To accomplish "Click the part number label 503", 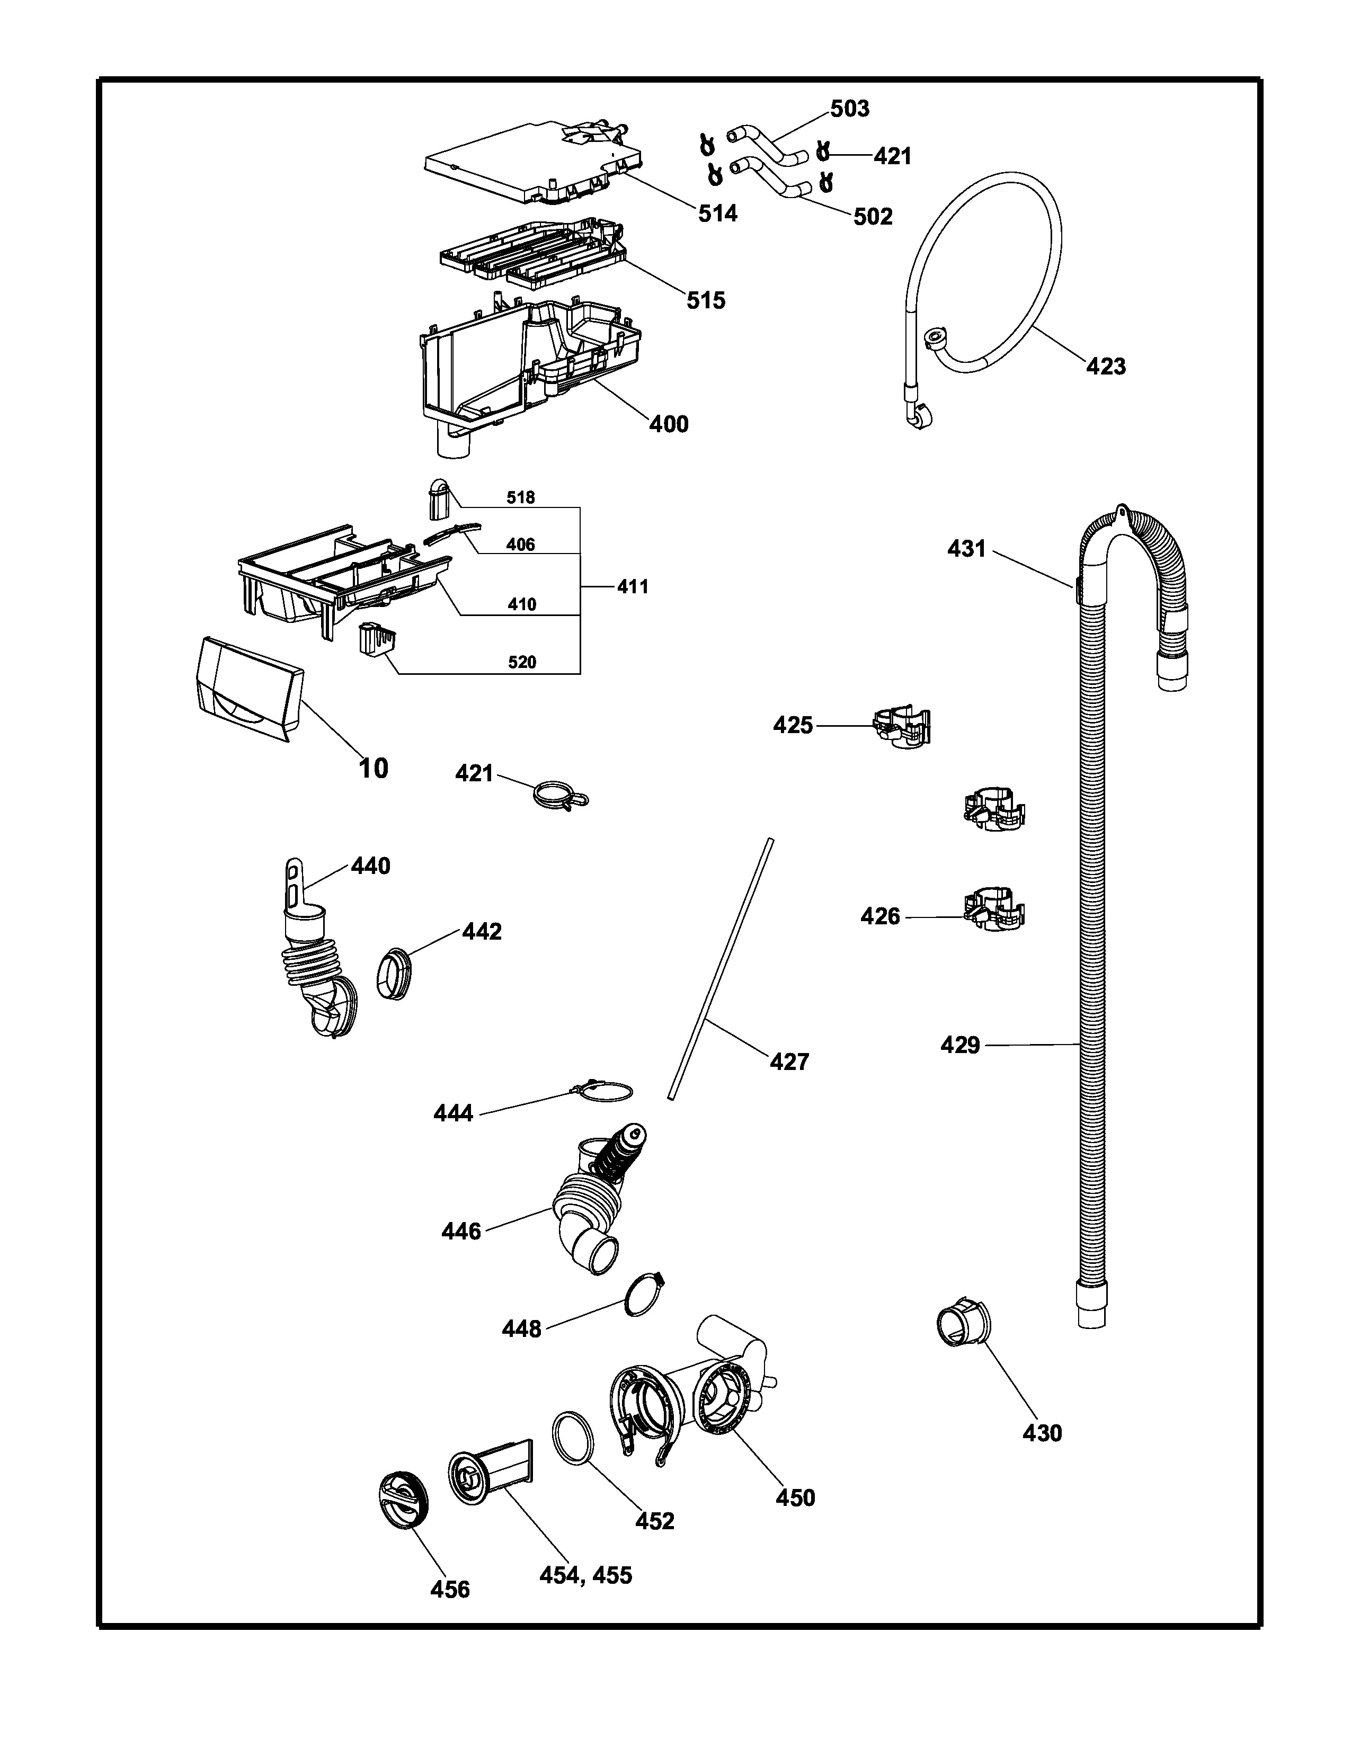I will (x=849, y=109).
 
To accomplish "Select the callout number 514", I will (x=717, y=213).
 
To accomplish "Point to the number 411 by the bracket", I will (x=632, y=587).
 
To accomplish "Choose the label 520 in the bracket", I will (x=522, y=662).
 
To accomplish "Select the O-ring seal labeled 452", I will (x=573, y=1438).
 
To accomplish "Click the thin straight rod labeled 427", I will (x=721, y=968).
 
